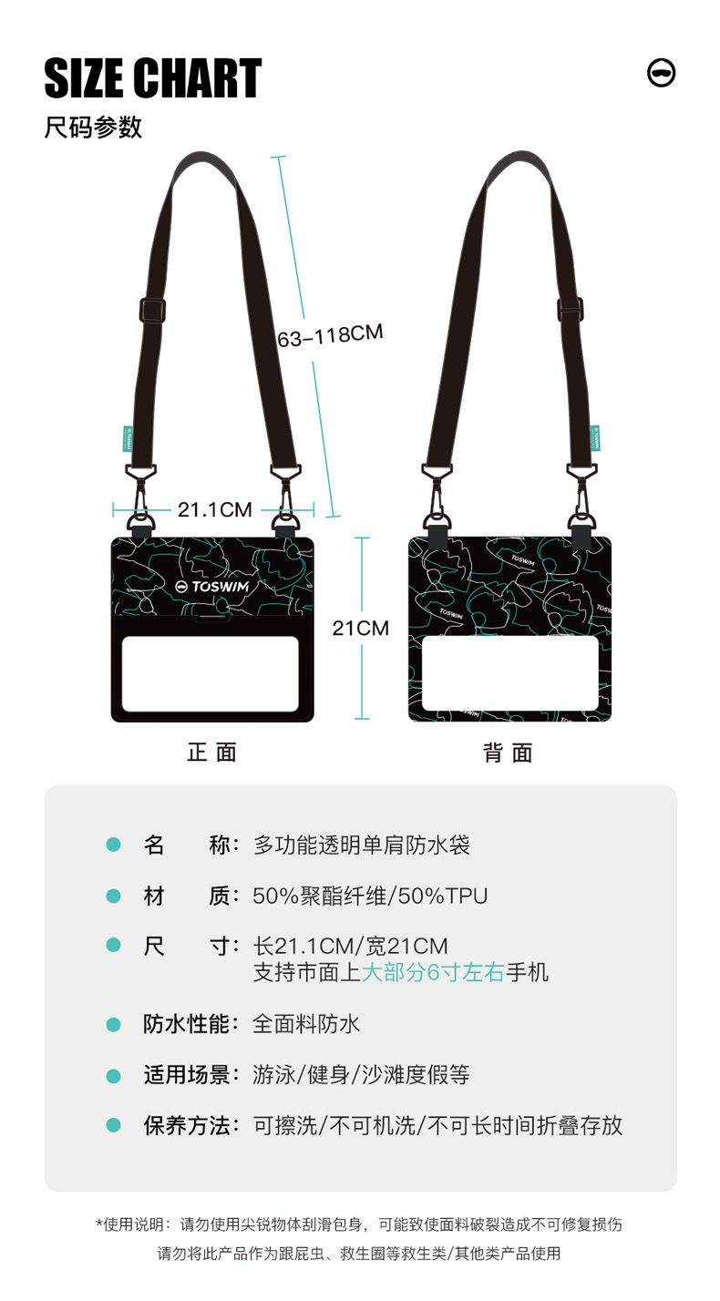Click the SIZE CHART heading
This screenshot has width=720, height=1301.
point(152,78)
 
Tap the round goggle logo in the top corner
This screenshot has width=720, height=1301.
point(661,73)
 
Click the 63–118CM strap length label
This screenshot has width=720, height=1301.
point(330,335)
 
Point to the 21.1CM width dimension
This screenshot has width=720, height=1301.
point(214,509)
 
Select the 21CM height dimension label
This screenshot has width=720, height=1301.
point(360,628)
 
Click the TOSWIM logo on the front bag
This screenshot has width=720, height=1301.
point(212,587)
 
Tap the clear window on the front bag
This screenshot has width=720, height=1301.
point(211,674)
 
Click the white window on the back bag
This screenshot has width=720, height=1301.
point(509,673)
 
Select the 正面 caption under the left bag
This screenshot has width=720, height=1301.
point(211,752)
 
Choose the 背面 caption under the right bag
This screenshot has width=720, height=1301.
point(508,753)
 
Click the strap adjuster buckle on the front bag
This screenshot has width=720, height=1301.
point(152,309)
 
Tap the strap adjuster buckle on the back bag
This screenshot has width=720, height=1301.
point(571,310)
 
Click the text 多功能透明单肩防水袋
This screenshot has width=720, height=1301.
point(361,845)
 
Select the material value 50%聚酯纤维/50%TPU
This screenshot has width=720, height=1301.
point(370,896)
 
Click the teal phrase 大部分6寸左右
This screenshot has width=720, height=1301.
point(433,972)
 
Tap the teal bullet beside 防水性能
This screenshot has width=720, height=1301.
point(113,1025)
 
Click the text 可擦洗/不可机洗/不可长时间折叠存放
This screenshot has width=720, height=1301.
point(437,1125)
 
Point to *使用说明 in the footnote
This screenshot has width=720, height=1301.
point(132,1224)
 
